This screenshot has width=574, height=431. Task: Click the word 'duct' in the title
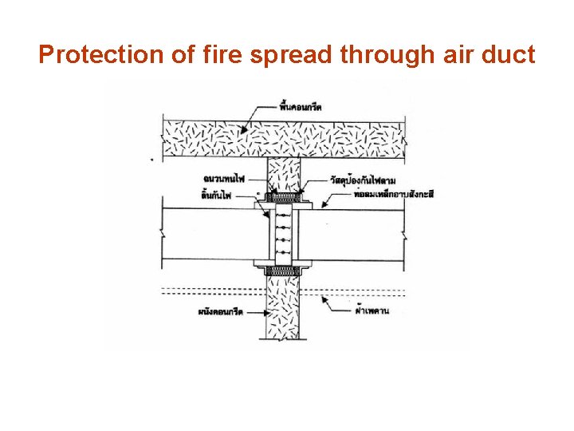coord(507,55)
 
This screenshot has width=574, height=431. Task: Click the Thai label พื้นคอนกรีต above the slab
coord(301,107)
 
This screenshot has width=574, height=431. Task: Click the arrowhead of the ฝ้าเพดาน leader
coord(323,295)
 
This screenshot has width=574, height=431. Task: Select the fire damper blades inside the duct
coord(282,231)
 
